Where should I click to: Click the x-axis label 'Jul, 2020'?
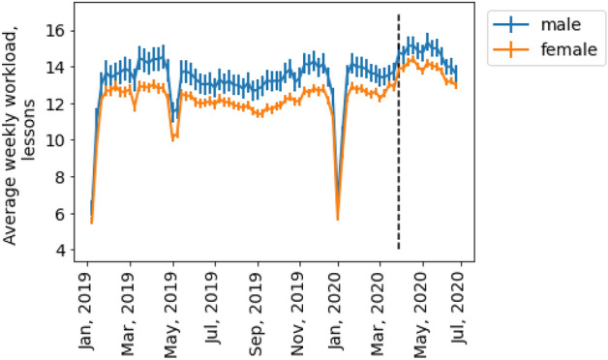[x=462, y=306]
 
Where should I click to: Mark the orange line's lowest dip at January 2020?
[x=338, y=219]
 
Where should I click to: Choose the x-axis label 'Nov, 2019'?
[x=299, y=306]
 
